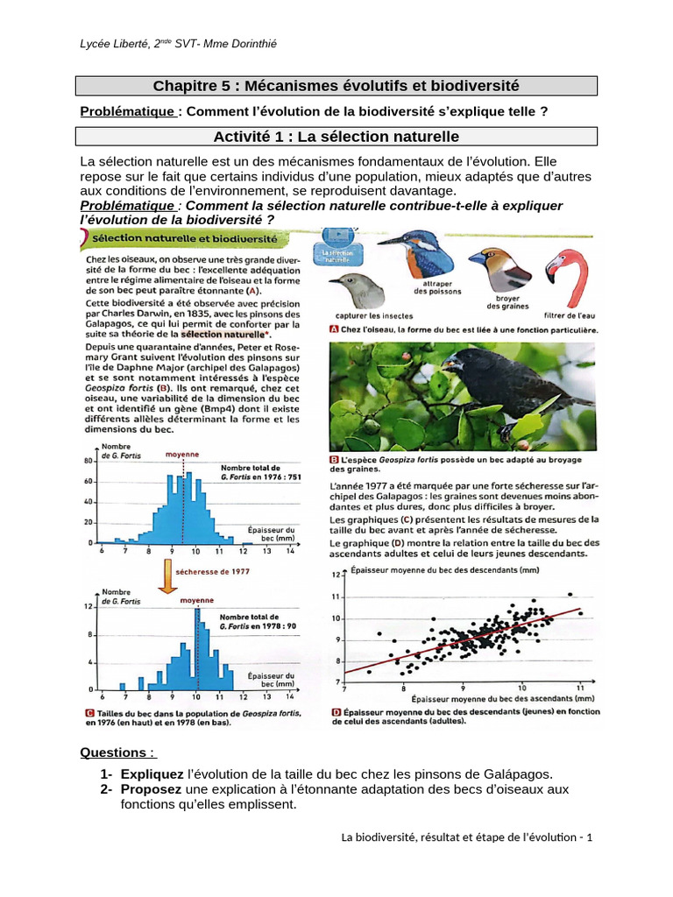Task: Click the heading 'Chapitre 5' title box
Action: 336,86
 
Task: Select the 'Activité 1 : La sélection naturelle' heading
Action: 336,137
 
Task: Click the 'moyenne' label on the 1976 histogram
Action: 183,455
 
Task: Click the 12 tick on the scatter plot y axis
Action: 334,576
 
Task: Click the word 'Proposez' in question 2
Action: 150,789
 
